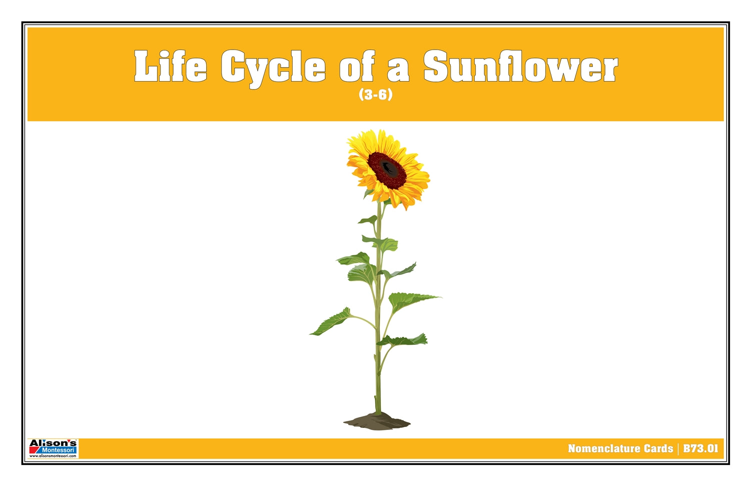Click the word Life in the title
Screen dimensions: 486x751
[170, 67]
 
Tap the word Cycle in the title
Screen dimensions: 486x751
[273, 68]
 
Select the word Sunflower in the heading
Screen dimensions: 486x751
[520, 67]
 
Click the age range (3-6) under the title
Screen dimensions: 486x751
[375, 94]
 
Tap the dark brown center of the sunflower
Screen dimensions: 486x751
[387, 169]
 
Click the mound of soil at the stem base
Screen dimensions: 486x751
[377, 421]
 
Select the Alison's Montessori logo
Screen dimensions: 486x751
[53, 448]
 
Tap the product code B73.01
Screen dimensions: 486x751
[700, 448]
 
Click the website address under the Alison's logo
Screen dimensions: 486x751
[53, 456]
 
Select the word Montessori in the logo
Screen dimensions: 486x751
[59, 450]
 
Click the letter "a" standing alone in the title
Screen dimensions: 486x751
[398, 71]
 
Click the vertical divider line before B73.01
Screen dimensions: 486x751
[678, 448]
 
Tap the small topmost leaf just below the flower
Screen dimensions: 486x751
[369, 220]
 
